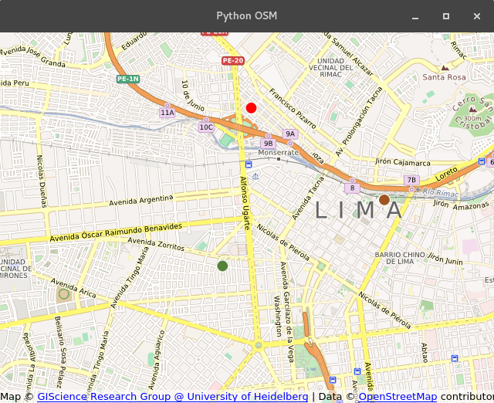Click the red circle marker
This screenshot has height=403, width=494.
251,108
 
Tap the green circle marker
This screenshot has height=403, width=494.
222,266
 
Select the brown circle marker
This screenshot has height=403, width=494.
384,200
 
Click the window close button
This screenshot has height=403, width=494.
476,16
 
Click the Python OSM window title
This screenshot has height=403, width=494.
246,16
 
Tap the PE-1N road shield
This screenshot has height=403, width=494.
128,79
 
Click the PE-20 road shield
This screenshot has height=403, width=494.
232,60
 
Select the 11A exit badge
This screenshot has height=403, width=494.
167,113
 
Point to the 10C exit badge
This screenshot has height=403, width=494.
206,127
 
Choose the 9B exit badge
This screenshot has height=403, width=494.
268,143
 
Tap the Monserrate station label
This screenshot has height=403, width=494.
278,152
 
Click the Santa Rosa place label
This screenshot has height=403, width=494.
444,77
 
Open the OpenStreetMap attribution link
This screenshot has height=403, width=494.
398,396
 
